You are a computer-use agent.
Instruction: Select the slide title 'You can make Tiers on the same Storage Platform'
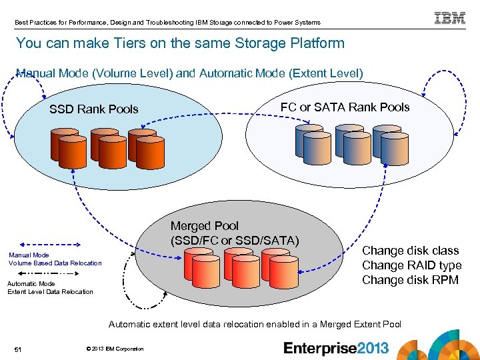[180, 44]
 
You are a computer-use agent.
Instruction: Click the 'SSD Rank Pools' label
[94, 109]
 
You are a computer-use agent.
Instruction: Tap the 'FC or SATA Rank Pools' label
[345, 107]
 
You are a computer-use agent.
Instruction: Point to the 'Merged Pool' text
[204, 226]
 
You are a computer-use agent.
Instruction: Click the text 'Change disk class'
[410, 251]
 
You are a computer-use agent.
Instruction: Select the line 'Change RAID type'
[411, 265]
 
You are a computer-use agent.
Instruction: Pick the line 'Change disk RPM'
[410, 280]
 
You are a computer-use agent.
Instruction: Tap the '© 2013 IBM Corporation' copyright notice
[115, 349]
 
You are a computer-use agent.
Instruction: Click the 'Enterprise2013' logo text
[335, 348]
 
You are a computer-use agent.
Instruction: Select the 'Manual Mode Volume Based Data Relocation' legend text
[55, 259]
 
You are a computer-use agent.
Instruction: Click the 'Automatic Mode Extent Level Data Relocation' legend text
[50, 288]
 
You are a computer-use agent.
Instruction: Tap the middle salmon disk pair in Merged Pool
[238, 265]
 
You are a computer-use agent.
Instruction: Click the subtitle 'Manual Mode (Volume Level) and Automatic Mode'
[189, 73]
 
